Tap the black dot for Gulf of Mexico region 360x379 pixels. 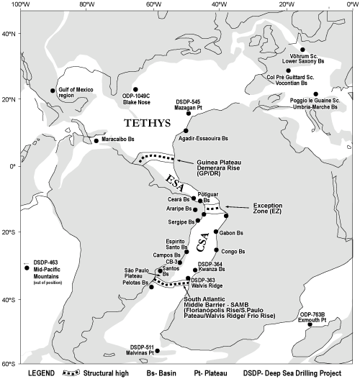[x=53, y=91]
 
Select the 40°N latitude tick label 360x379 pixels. [x=10, y=33]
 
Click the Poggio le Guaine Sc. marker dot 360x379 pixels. [x=316, y=93]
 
